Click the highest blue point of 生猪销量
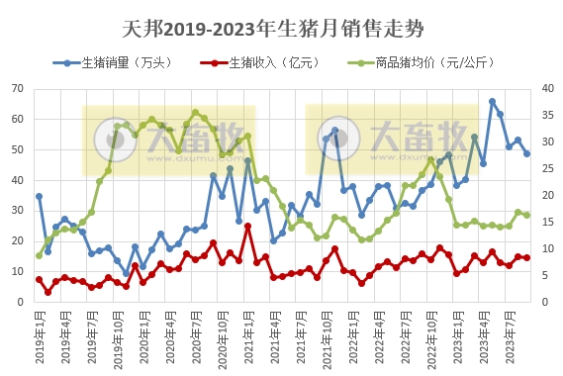click(492, 101)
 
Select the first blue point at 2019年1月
click(40, 196)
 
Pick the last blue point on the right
click(526, 153)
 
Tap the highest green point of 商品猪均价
click(196, 113)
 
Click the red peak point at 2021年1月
click(247, 226)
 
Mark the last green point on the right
click(526, 215)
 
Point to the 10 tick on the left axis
click(18, 271)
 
